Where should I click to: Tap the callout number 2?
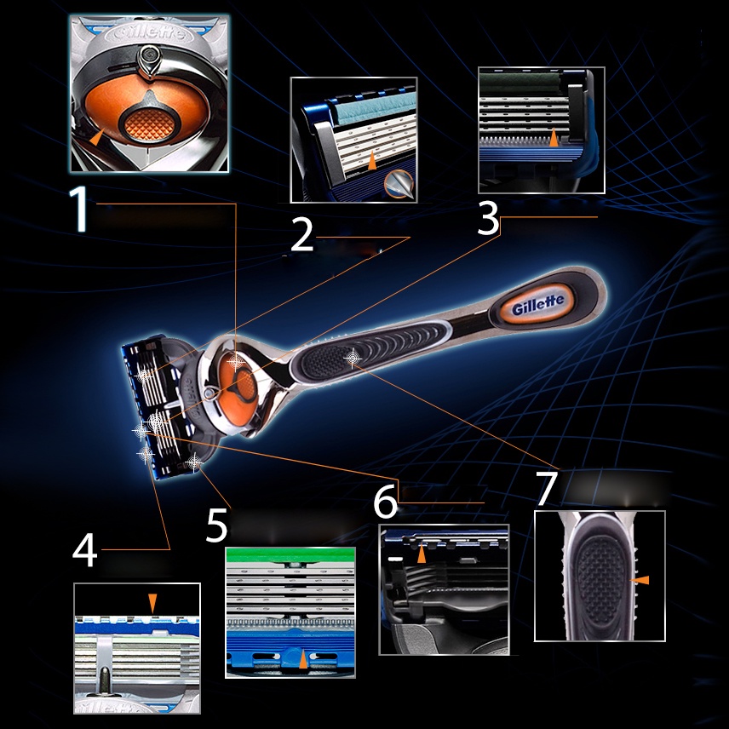pyautogui.click(x=302, y=235)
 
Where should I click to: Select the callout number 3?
pyautogui.click(x=488, y=218)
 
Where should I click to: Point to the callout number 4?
pyautogui.click(x=84, y=550)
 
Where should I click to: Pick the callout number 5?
pyautogui.click(x=216, y=525)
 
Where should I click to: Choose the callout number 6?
pyautogui.click(x=386, y=501)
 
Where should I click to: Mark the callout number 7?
pyautogui.click(x=546, y=488)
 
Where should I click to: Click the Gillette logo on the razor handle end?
pyautogui.click(x=538, y=304)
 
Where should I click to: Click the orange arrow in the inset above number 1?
pyautogui.click(x=97, y=137)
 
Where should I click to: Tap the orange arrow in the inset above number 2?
pyautogui.click(x=372, y=160)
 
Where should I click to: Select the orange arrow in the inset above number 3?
pyautogui.click(x=553, y=138)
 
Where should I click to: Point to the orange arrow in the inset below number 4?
pyautogui.click(x=152, y=603)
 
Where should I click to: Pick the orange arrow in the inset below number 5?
pyautogui.click(x=303, y=659)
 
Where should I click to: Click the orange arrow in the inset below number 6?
pyautogui.click(x=422, y=554)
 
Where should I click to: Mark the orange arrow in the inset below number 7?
pyautogui.click(x=640, y=580)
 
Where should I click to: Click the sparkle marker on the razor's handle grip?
pyautogui.click(x=353, y=357)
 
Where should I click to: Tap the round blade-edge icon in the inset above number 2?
pyautogui.click(x=399, y=184)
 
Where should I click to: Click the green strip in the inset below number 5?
pyautogui.click(x=290, y=554)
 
